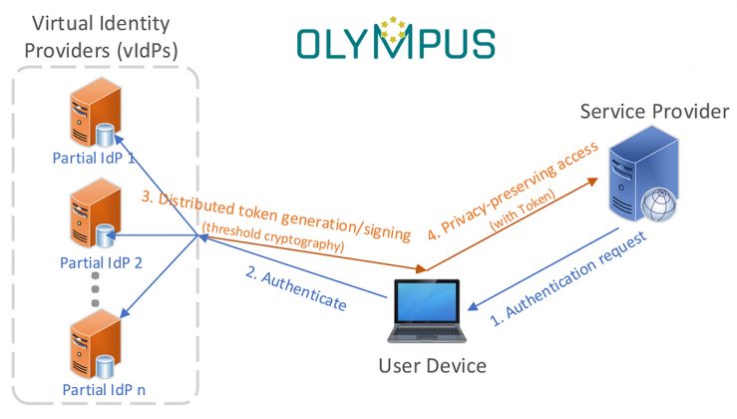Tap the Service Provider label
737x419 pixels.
(655, 111)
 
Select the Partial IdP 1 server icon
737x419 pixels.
(92, 118)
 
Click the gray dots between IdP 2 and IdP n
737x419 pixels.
(96, 288)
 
